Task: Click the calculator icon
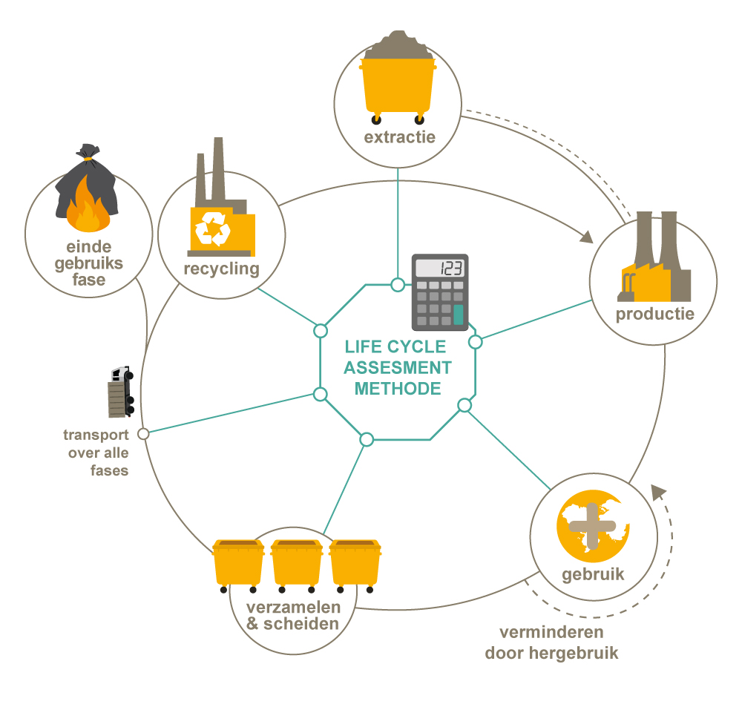pos(441,291)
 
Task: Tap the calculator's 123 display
pos(441,268)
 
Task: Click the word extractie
pos(399,137)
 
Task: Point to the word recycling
pos(221,268)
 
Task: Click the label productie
pos(654,313)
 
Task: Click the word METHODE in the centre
pos(397,388)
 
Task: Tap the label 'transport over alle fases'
pos(96,453)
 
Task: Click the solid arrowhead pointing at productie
pos(586,237)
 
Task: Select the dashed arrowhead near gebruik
pos(657,491)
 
